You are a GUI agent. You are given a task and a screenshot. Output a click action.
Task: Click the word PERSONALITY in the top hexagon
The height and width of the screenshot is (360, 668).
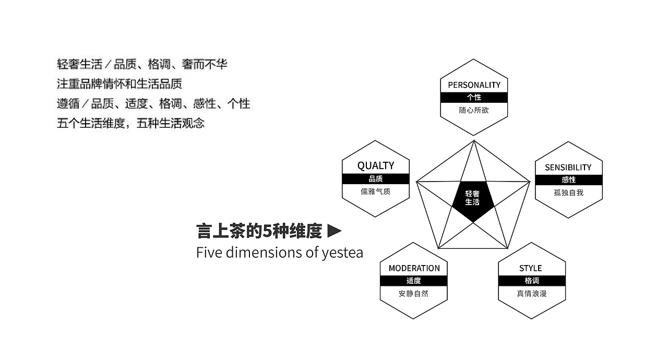(x=474, y=85)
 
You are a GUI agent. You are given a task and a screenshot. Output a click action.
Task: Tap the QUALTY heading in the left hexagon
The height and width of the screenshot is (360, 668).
(x=375, y=165)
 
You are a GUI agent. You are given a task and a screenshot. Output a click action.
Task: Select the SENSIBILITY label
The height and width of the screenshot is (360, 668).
(x=568, y=167)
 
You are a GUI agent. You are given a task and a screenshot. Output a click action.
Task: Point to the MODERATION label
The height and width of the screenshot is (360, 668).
(x=414, y=268)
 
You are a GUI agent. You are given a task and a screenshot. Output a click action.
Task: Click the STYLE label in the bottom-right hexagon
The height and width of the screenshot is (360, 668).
(x=530, y=268)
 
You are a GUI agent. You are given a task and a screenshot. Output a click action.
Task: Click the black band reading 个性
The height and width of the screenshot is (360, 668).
(x=474, y=98)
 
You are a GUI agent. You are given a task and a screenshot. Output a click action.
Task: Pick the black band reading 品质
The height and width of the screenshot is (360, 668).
(x=375, y=179)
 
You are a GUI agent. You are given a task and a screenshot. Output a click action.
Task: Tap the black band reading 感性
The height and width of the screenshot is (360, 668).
(x=568, y=179)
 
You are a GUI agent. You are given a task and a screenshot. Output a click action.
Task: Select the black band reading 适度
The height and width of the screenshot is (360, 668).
(x=414, y=281)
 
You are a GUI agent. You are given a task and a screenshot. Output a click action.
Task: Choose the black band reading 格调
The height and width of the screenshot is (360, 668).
(x=532, y=281)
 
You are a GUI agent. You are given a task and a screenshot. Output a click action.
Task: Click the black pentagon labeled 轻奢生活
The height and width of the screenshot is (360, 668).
(x=473, y=198)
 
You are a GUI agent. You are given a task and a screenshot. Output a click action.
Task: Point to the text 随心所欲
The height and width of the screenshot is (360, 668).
(x=474, y=111)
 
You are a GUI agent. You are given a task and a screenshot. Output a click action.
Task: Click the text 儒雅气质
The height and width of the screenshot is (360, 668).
(x=375, y=191)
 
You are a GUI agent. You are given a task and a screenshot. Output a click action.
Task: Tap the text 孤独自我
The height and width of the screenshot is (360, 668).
(x=568, y=193)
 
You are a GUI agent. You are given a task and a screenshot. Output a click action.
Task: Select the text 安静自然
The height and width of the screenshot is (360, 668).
(x=413, y=294)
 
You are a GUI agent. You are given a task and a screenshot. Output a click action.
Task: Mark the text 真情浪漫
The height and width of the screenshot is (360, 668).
(x=532, y=294)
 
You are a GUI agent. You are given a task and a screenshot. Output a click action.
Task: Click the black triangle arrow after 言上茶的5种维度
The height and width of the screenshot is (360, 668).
(x=334, y=230)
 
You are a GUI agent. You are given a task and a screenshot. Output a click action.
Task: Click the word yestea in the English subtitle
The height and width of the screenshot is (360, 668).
(x=342, y=253)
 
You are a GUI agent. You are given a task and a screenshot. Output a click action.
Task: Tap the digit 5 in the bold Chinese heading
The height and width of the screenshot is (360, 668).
(x=268, y=231)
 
